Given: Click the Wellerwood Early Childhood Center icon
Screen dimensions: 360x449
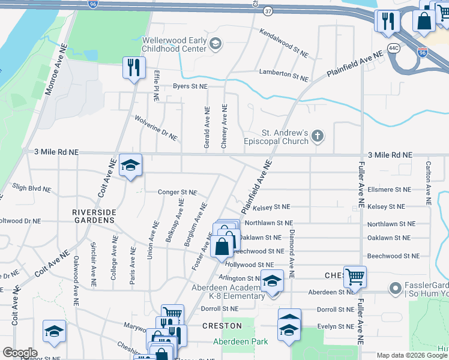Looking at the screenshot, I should pos(215,43).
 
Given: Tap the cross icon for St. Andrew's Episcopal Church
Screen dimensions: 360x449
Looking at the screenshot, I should pos(318,137).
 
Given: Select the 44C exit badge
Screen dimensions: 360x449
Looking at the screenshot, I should pos(394,47).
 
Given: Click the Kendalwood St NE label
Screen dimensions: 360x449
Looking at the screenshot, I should pos(283,37).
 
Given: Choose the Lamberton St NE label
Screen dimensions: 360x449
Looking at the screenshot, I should pos(283,75).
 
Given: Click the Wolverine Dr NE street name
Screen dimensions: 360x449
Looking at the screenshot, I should pos(156,128).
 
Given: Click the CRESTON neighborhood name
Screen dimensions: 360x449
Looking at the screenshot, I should pos(222,326).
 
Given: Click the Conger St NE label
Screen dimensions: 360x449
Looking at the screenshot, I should pos(177,193).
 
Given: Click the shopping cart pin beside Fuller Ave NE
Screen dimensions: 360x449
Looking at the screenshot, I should pos(355,277).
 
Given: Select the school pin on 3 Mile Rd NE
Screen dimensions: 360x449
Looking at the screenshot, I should pos(130,165).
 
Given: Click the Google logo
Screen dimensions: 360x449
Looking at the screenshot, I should pos(20,353).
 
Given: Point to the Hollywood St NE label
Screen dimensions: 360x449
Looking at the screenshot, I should pos(249,265).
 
